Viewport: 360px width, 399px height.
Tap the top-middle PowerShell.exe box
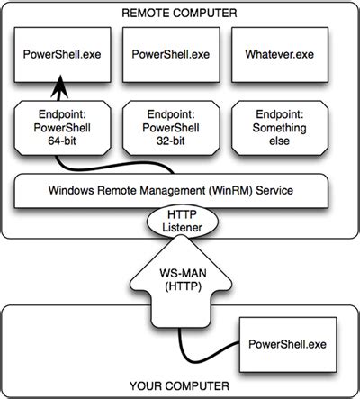[171, 54]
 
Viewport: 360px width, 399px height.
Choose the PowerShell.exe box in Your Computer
[285, 343]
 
